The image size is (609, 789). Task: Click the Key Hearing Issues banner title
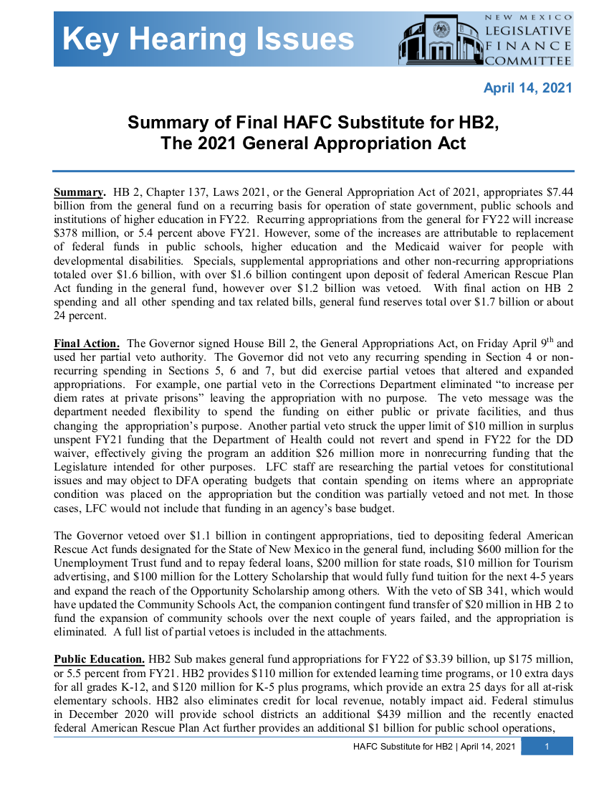pos(208,39)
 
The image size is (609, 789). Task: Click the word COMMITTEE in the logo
pos(529,61)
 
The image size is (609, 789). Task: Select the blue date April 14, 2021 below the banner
pos(527,88)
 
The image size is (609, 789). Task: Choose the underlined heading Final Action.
pos(87,344)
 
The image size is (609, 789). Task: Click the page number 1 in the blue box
pos(547,747)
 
